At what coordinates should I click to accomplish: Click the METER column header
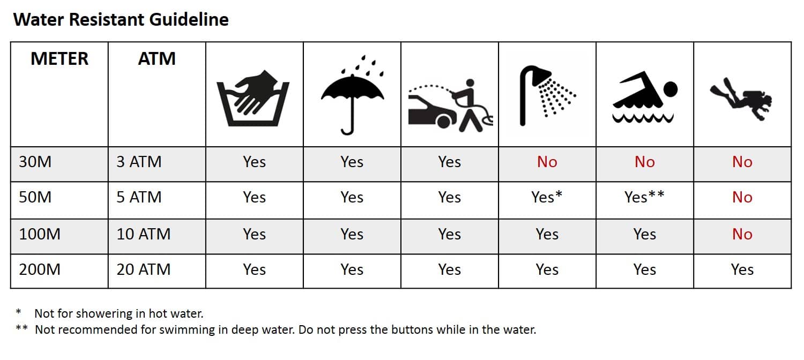59,58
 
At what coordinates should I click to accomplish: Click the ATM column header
157,58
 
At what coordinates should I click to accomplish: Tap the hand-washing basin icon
253,98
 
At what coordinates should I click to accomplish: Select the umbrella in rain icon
352,95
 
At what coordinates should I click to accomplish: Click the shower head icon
547,95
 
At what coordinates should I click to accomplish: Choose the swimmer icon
645,97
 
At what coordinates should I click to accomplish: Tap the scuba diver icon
741,99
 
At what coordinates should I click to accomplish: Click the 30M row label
35,162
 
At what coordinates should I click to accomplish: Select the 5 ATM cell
139,197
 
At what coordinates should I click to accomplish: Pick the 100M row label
40,234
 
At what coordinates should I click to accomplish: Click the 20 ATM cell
144,269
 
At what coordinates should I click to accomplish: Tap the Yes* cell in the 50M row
547,197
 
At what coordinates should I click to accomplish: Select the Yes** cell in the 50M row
644,197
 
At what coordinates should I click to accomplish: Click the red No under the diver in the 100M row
742,234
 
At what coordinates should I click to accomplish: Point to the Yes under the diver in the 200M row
742,269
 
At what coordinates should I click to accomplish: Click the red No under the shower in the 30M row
547,162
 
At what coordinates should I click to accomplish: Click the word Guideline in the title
189,19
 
